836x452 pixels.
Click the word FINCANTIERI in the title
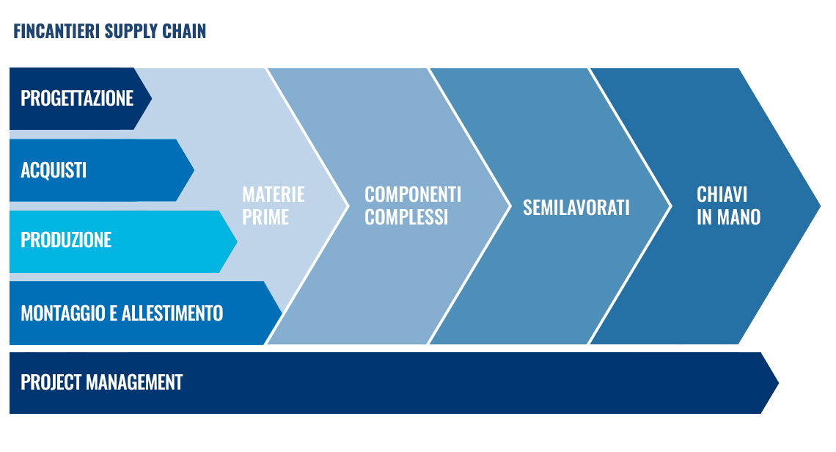56,32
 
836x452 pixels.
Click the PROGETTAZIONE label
77,98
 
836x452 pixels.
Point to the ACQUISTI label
54,170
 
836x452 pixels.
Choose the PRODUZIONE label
66,240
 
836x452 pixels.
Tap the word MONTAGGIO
63,313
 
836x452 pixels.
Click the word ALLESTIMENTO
172,313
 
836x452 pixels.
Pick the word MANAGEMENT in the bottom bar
134,382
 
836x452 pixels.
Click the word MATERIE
274,194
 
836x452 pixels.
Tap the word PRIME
265,217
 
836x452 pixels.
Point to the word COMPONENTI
413,194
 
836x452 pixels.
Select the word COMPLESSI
406,217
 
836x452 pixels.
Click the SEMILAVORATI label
576,207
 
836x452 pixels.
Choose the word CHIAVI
722,194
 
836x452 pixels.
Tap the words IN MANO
728,217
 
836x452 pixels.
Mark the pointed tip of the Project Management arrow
779,382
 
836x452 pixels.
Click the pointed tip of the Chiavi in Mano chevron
820,206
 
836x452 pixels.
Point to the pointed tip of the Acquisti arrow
194,170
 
